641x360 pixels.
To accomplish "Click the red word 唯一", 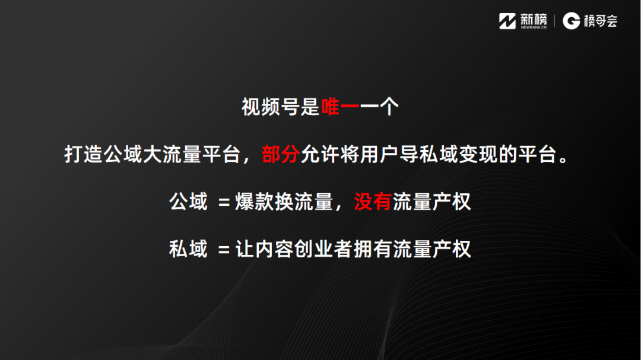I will (340, 107).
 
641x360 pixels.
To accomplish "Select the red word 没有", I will (372, 202).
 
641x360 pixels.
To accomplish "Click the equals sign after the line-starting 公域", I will (224, 202).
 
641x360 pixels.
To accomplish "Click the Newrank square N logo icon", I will (507, 21).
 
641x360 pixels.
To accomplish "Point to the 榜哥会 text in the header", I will (601, 21).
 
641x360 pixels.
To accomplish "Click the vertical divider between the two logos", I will (554, 21).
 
